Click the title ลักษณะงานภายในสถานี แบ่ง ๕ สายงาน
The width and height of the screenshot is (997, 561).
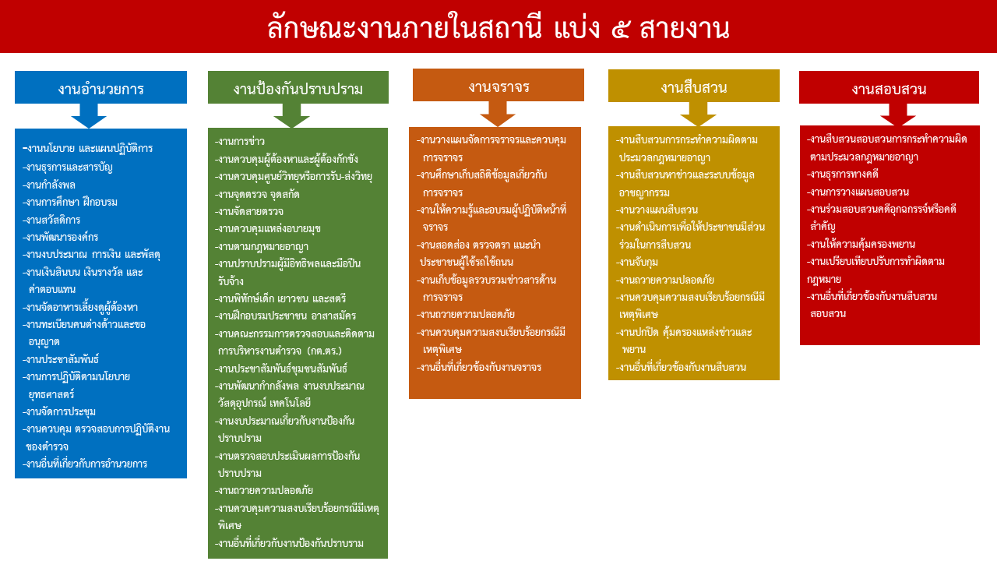coord(498,28)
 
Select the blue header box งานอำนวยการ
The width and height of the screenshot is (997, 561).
coord(100,88)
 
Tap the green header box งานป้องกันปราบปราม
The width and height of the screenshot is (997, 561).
coord(298,89)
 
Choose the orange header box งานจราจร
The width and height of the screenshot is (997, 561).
coord(498,86)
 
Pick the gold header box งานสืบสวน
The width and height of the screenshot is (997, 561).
coord(694,86)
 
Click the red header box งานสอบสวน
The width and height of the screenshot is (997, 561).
coord(889,89)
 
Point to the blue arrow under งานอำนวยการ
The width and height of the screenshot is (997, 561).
coord(89,116)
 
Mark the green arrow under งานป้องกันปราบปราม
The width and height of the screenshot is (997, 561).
coord(292,116)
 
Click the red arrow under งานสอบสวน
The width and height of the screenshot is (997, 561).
coord(898,115)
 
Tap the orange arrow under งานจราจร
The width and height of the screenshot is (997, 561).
coord(498,114)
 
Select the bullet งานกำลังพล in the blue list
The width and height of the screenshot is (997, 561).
coord(50,185)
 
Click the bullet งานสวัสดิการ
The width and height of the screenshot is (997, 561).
coord(52,220)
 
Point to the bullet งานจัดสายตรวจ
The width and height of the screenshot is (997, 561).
coord(250,211)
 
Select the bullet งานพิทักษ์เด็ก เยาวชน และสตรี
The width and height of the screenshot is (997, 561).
coord(281,298)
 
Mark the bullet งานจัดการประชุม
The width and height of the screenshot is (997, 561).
coord(61,411)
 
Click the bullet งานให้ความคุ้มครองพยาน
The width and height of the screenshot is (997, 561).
coord(861,244)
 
